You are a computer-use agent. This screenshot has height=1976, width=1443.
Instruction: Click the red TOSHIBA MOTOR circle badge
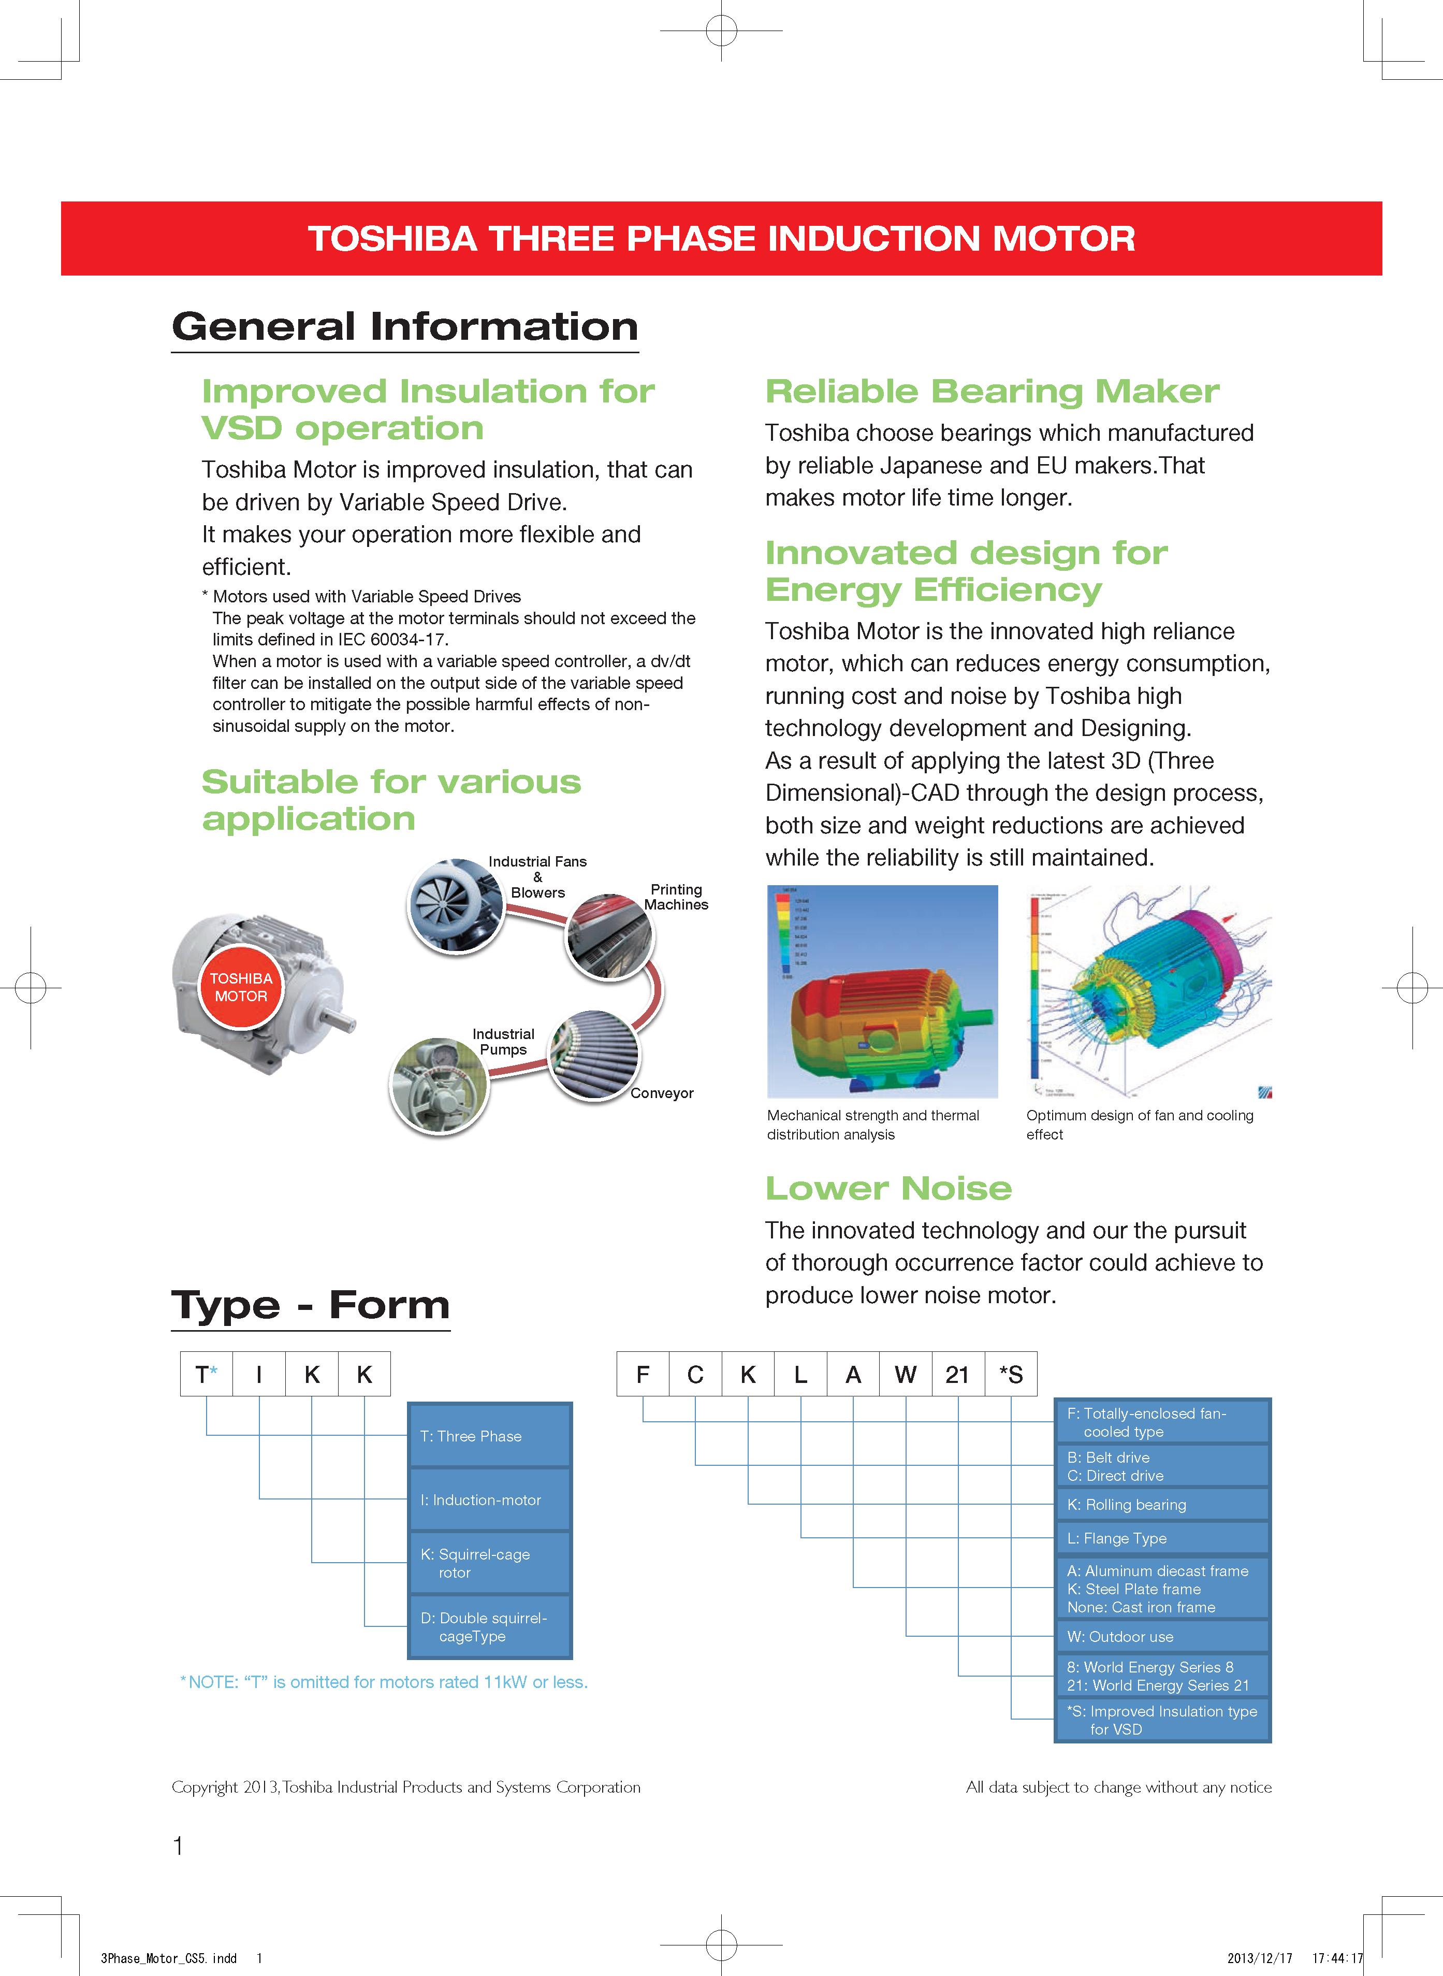pyautogui.click(x=241, y=987)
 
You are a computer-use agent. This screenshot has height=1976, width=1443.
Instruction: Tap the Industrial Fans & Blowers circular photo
pyautogui.click(x=455, y=905)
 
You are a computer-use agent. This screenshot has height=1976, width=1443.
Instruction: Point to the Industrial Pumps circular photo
pyautogui.click(x=439, y=1086)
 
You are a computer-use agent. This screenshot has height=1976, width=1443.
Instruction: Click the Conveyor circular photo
pyautogui.click(x=593, y=1055)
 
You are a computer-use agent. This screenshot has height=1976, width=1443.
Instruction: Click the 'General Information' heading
pyautogui.click(x=404, y=327)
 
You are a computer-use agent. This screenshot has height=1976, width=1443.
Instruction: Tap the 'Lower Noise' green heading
pyautogui.click(x=888, y=1188)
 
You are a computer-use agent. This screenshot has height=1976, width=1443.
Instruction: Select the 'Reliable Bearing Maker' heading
pyautogui.click(x=992, y=392)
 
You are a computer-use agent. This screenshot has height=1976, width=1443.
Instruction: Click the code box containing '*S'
pyautogui.click(x=1011, y=1374)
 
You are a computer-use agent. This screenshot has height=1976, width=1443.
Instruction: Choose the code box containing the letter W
pyautogui.click(x=905, y=1374)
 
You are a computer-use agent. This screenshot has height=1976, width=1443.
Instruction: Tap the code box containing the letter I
pyautogui.click(x=258, y=1374)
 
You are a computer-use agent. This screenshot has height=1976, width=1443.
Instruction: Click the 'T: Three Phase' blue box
pyautogui.click(x=489, y=1436)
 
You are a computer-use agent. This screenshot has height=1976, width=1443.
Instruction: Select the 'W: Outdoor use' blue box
pyautogui.click(x=1162, y=1636)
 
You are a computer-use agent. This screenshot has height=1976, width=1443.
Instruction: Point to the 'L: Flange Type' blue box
pyautogui.click(x=1162, y=1538)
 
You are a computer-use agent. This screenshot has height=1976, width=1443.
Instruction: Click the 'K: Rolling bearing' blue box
pyautogui.click(x=1162, y=1504)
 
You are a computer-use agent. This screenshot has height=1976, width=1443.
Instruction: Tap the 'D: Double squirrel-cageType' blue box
pyautogui.click(x=489, y=1626)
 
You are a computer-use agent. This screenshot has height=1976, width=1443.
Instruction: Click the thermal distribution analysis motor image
pyautogui.click(x=882, y=991)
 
